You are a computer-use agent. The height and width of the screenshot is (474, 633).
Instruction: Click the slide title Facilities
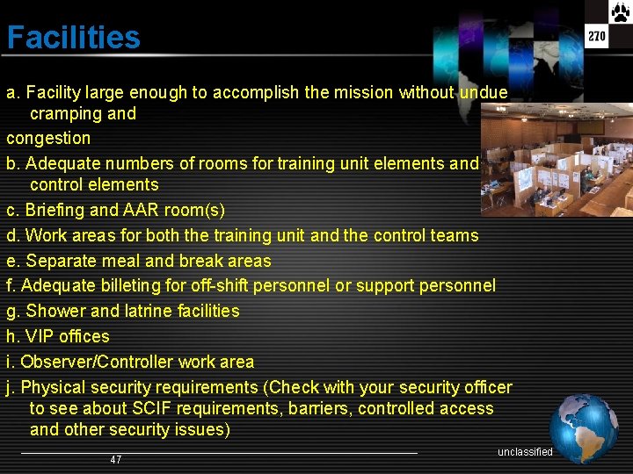[73, 38]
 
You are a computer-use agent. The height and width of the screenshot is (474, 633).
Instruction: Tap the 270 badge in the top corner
[597, 37]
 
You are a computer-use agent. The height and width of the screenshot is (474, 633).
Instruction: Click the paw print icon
[620, 12]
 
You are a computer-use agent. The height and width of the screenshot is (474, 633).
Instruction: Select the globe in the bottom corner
[584, 427]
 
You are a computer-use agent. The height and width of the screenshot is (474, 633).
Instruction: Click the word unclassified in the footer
[525, 452]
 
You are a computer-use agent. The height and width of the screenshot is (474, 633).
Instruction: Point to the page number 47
[116, 460]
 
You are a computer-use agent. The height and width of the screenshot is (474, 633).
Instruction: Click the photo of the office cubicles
[557, 158]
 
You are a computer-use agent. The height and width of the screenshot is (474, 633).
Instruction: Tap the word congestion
[48, 138]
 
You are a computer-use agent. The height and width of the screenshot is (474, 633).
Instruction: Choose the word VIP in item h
[40, 336]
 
